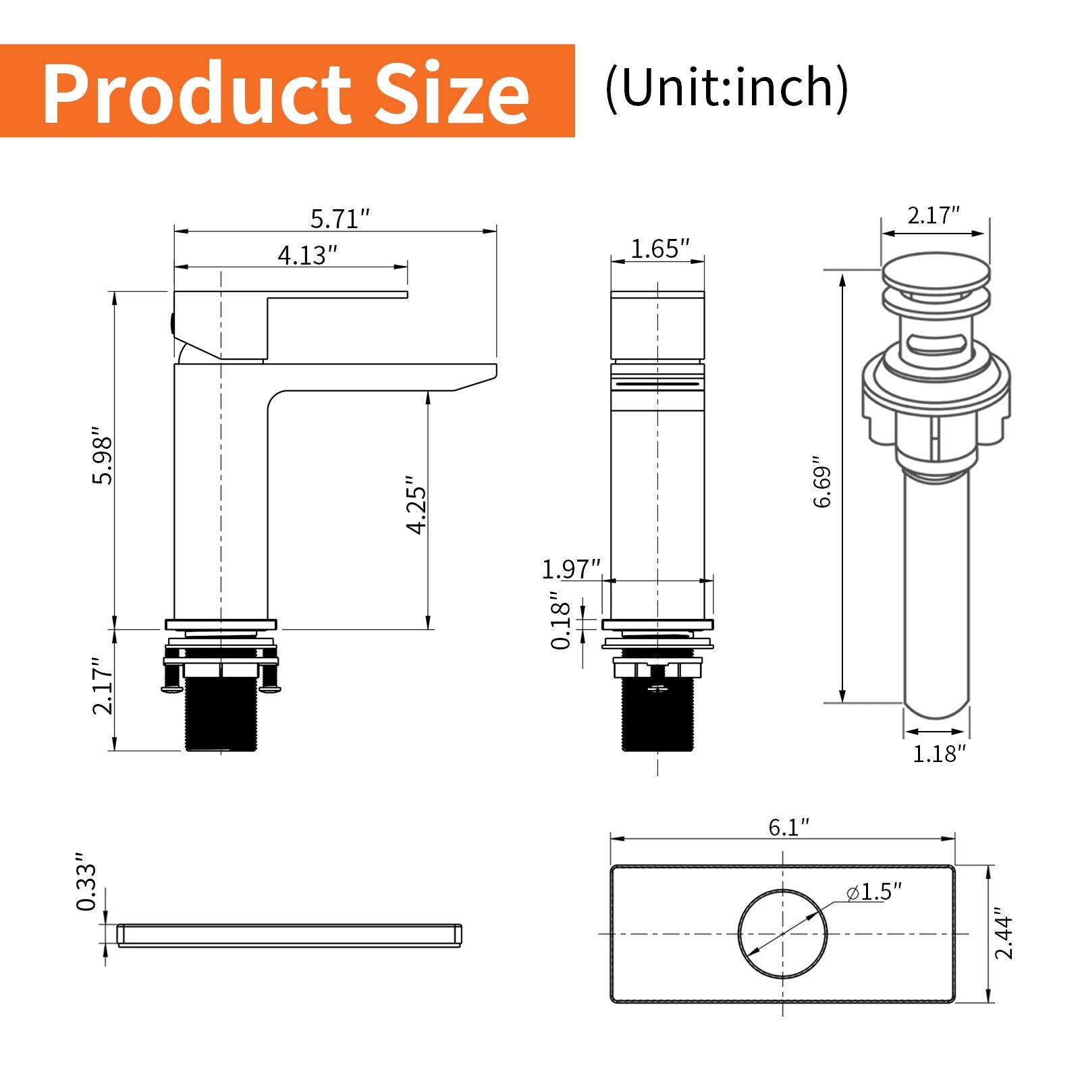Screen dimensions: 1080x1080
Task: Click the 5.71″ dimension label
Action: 340,219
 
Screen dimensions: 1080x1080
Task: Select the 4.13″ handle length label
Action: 307,255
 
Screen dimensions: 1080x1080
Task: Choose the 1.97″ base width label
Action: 571,569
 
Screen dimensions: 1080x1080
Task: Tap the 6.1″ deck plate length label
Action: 788,828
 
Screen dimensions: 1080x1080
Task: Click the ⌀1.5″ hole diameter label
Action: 874,892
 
